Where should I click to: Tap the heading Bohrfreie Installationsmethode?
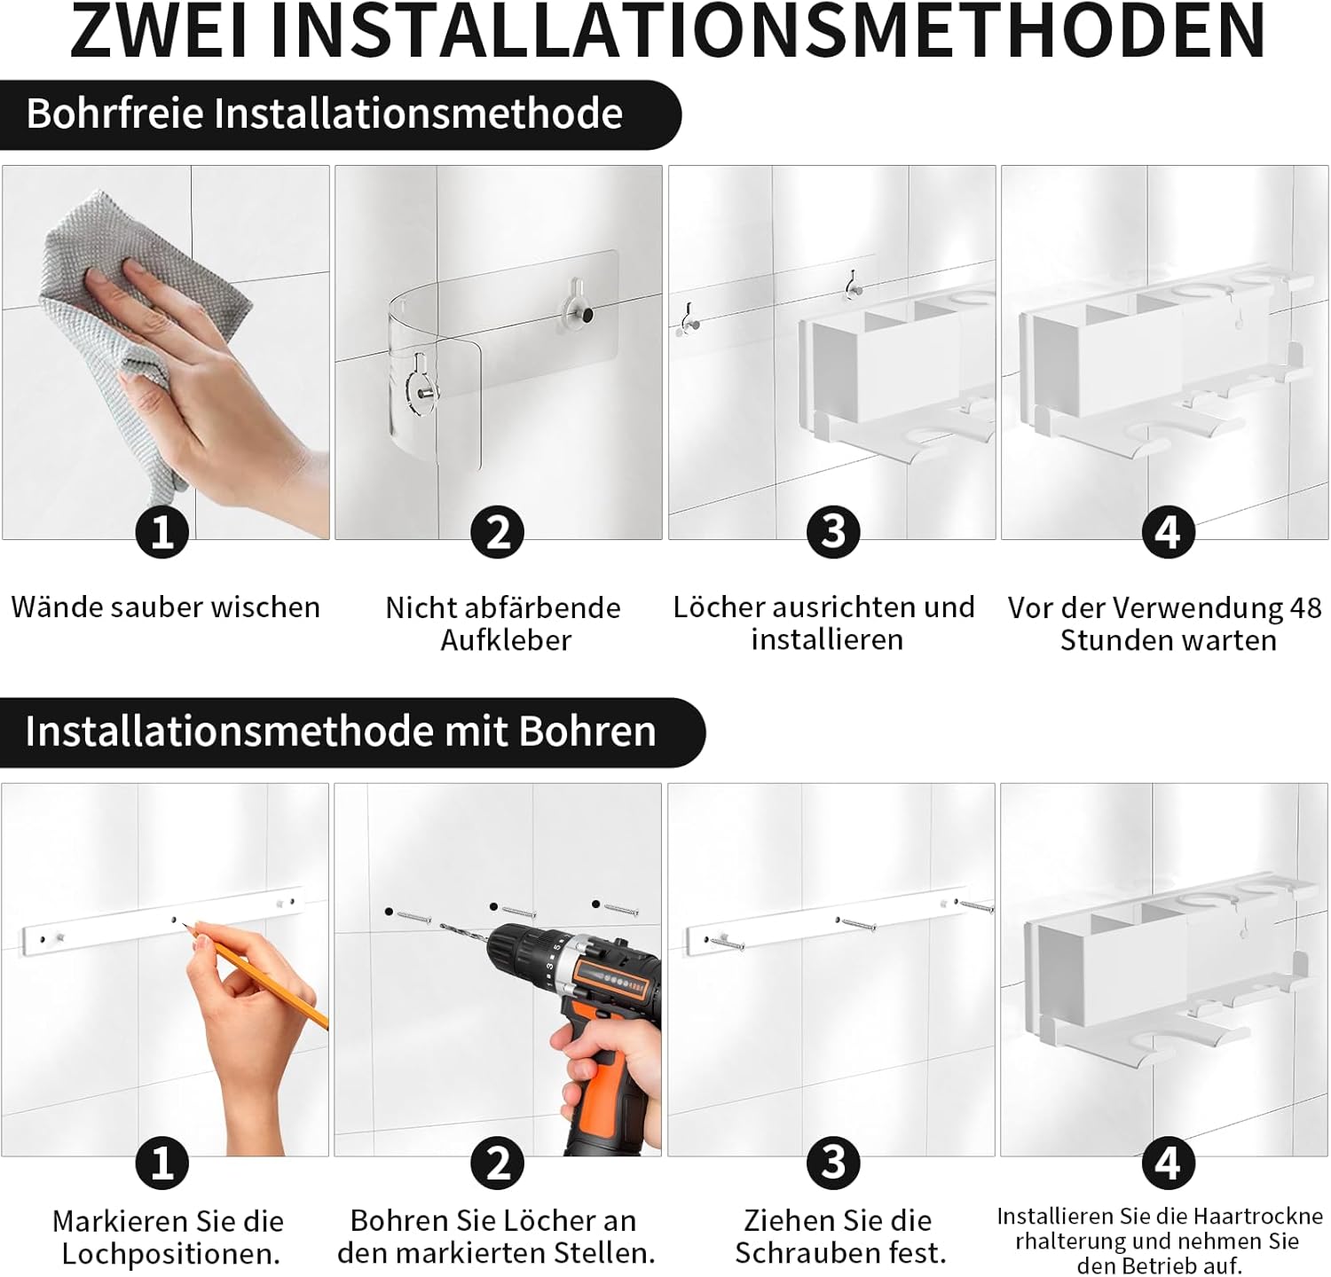(x=324, y=114)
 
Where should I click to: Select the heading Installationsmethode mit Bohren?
(x=340, y=731)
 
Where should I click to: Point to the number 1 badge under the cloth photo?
(x=161, y=532)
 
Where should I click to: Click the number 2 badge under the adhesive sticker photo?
(x=498, y=532)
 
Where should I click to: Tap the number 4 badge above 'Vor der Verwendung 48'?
(x=1168, y=532)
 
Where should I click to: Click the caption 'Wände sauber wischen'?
(x=166, y=607)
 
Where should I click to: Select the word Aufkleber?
(x=506, y=639)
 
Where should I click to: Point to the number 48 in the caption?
(x=1305, y=608)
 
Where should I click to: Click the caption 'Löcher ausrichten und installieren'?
(x=824, y=623)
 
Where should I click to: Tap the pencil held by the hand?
(x=257, y=975)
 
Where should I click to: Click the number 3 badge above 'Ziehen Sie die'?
(x=833, y=1163)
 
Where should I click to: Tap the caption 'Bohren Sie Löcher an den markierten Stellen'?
(x=496, y=1236)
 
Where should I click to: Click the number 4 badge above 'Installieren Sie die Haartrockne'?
(x=1168, y=1163)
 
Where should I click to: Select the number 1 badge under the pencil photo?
(x=161, y=1163)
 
